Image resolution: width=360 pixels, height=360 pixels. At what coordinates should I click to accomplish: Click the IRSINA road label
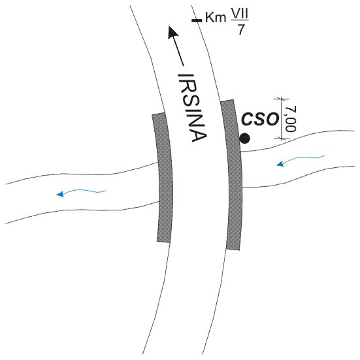coord(193,108)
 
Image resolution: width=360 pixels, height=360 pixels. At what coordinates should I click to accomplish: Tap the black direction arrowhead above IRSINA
coord(173,32)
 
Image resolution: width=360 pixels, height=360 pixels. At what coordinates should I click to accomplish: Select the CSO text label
coord(260,119)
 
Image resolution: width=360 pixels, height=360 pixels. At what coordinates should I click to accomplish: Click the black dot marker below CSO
coord(245,139)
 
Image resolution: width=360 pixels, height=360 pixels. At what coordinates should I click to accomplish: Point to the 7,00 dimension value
coord(291,118)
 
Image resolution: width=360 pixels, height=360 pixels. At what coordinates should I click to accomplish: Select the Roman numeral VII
coord(240,16)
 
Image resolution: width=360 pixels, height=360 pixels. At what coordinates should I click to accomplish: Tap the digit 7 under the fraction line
coord(240,29)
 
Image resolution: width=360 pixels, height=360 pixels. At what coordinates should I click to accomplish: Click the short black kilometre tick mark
coord(197,20)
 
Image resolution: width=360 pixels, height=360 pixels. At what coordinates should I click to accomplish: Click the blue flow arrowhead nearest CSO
coord(280,164)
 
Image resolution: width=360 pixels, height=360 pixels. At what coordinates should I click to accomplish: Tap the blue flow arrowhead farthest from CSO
coord(60,194)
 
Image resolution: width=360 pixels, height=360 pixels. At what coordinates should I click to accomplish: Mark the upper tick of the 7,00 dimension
coord(282,99)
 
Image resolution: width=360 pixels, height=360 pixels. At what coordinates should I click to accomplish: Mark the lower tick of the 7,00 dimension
coord(282,139)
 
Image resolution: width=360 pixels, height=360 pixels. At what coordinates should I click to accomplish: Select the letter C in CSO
coord(246,119)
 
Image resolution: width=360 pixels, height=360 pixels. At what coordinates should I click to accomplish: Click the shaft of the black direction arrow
coord(178,51)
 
